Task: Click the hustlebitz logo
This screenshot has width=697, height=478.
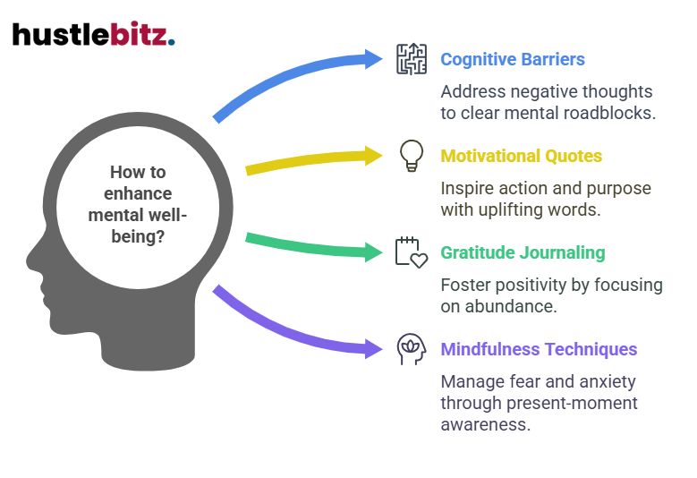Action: tap(93, 34)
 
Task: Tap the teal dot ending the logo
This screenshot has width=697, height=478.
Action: tap(172, 42)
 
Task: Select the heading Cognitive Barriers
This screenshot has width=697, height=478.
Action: tap(513, 60)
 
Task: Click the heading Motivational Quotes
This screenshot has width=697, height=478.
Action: tap(521, 156)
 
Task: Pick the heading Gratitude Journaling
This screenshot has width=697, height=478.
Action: tap(523, 252)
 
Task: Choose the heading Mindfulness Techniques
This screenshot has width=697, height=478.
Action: tap(539, 349)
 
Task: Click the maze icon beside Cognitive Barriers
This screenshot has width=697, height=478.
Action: tap(412, 59)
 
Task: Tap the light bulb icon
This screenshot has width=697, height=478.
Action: tap(412, 156)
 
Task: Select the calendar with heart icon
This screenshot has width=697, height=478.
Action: tap(412, 252)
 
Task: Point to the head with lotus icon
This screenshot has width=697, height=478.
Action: tap(412, 349)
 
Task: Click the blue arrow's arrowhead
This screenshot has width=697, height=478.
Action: tap(373, 59)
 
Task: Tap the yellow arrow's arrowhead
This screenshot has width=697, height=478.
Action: tap(373, 156)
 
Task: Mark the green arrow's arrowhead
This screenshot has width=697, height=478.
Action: tap(373, 252)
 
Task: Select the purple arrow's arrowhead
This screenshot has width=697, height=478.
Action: tap(373, 348)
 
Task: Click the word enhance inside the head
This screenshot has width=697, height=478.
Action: tap(138, 193)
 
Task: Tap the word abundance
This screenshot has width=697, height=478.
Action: tap(510, 306)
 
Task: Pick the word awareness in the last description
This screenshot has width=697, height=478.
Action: tap(486, 424)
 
